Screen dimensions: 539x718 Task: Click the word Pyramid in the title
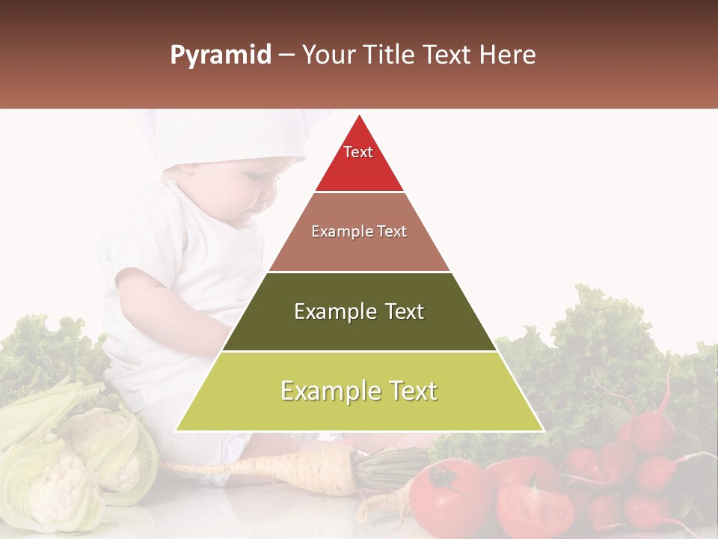click(220, 55)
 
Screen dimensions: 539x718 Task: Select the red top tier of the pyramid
click(359, 168)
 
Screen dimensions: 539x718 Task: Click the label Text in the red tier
click(358, 152)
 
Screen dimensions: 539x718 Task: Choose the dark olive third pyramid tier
click(359, 329)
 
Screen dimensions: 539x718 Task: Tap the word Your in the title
click(327, 55)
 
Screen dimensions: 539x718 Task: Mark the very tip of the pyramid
click(359, 117)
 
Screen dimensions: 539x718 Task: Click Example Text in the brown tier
click(359, 231)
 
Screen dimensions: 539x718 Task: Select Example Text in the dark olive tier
click(359, 311)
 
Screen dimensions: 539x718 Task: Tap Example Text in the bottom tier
click(359, 391)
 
